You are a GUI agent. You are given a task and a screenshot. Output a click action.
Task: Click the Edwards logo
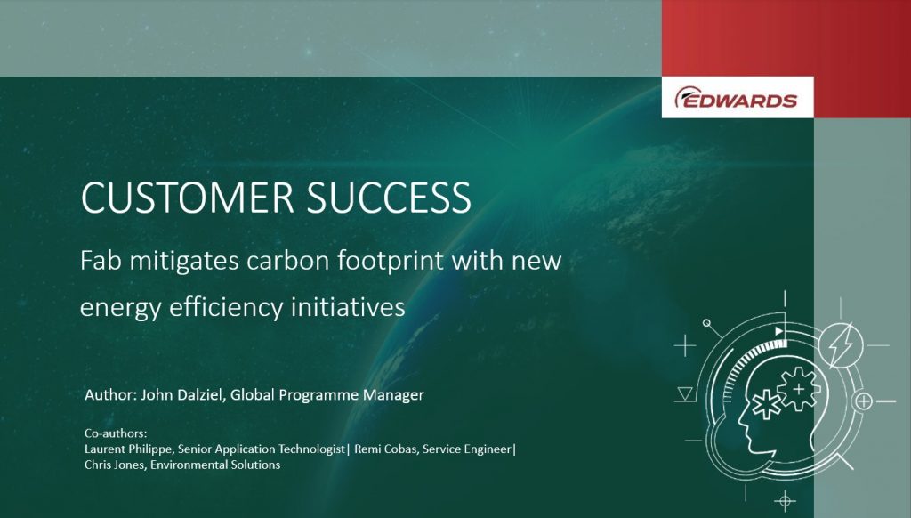[736, 98]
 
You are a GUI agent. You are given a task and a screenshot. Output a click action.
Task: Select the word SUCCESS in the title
[389, 198]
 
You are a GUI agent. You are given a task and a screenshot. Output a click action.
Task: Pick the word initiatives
[348, 306]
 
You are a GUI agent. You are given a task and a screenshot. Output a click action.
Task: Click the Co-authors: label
[116, 433]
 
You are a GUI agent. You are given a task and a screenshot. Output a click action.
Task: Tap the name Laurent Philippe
[128, 449]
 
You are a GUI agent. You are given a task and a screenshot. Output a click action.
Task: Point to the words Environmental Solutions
[215, 465]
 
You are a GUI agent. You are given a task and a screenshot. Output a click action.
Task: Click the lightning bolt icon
[840, 346]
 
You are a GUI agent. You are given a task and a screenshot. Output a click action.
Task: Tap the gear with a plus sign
[799, 389]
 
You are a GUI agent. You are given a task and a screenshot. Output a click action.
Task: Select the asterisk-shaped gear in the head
[767, 403]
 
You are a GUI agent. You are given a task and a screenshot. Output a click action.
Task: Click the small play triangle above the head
[779, 331]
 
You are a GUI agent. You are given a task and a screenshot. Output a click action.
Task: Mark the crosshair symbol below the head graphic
[785, 500]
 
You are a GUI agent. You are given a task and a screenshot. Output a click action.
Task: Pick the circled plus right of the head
[864, 401]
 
